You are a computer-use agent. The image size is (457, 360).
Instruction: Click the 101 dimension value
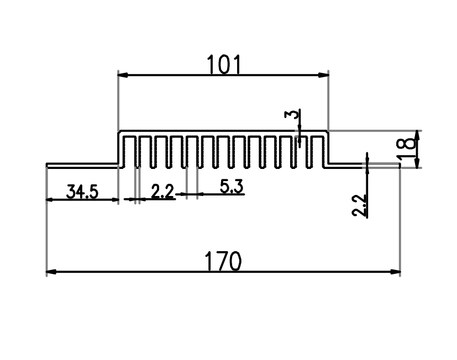tap(224, 65)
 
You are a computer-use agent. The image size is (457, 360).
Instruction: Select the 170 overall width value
tap(223, 261)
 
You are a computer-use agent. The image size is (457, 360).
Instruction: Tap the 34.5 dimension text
tap(82, 192)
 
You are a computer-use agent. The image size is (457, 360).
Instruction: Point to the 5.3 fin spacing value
tap(232, 187)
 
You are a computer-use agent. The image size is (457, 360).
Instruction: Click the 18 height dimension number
tap(406, 149)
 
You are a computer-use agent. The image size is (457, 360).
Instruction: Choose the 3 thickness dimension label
tap(292, 114)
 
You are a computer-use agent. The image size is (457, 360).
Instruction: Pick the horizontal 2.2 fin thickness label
tap(162, 192)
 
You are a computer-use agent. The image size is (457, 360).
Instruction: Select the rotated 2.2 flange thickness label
tap(359, 205)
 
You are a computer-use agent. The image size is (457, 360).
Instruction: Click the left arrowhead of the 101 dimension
tap(123, 75)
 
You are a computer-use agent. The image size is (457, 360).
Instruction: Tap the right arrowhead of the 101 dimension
tap(323, 75)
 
